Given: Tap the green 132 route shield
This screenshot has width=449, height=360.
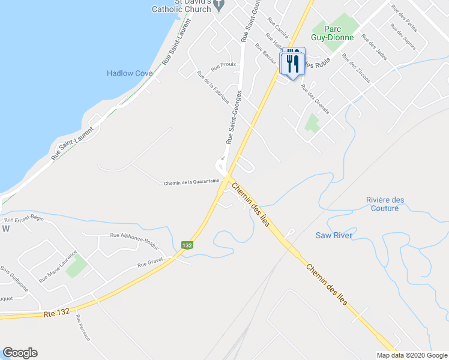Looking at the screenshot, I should click(187, 245).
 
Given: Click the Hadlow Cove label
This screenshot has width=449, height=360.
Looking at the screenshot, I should click(130, 73).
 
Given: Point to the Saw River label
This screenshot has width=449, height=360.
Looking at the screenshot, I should click(334, 235).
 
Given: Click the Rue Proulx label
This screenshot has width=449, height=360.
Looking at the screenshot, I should click(223, 67).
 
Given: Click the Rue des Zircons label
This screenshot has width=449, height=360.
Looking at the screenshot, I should click(357, 68).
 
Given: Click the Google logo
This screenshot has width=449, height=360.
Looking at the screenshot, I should click(20, 353).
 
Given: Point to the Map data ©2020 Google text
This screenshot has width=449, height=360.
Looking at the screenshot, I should click(411, 355).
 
